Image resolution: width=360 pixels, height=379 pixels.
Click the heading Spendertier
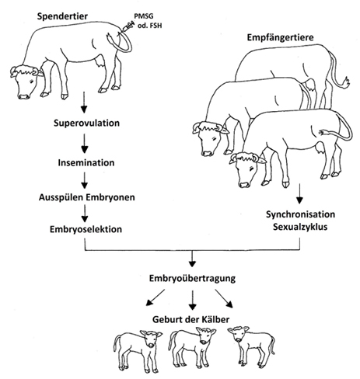(x=62, y=16)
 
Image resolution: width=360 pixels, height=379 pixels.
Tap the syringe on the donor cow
(x=127, y=27)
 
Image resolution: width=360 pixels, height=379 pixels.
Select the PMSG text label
(x=144, y=16)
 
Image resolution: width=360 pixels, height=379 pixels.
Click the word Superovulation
(x=86, y=123)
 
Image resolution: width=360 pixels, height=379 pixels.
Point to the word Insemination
(x=86, y=163)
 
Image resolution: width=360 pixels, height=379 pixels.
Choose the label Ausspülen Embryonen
(x=87, y=197)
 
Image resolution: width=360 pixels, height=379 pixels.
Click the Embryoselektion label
(x=86, y=229)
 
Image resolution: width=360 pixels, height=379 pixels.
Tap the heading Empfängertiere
(x=280, y=37)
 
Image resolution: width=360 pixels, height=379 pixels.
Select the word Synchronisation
(x=300, y=214)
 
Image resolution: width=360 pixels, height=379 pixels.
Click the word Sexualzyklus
(x=300, y=227)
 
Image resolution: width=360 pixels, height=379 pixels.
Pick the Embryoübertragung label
(x=192, y=279)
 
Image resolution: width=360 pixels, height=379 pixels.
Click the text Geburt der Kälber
(x=190, y=319)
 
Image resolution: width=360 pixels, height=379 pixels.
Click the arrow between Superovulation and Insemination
(x=84, y=144)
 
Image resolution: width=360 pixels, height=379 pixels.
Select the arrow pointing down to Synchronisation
(x=299, y=193)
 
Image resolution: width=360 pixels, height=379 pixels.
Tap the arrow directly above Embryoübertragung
(x=192, y=259)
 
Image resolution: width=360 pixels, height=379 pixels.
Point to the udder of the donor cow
(x=100, y=63)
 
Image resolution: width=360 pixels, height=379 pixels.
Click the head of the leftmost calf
(x=151, y=338)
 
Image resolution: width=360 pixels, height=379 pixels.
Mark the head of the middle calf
(x=205, y=335)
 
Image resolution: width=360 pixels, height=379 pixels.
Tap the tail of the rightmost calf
(x=272, y=346)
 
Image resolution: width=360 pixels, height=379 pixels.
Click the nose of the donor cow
(x=24, y=96)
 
